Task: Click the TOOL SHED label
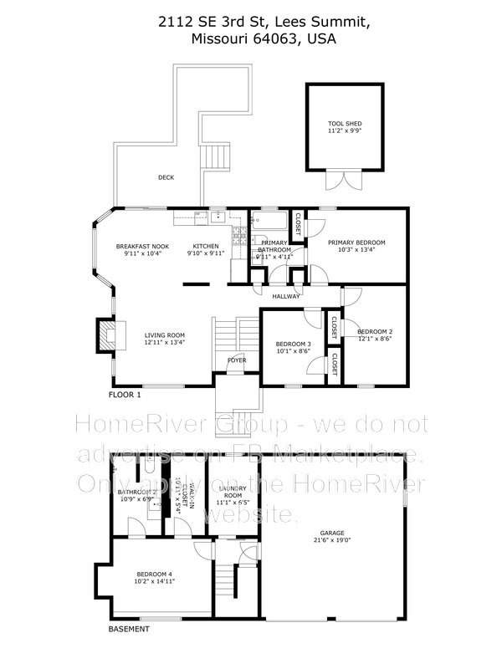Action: point(345,124)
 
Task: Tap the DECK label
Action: point(166,177)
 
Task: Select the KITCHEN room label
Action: point(207,246)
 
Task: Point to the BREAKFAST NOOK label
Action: point(143,246)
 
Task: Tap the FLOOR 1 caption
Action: point(125,394)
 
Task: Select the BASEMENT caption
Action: point(131,629)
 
